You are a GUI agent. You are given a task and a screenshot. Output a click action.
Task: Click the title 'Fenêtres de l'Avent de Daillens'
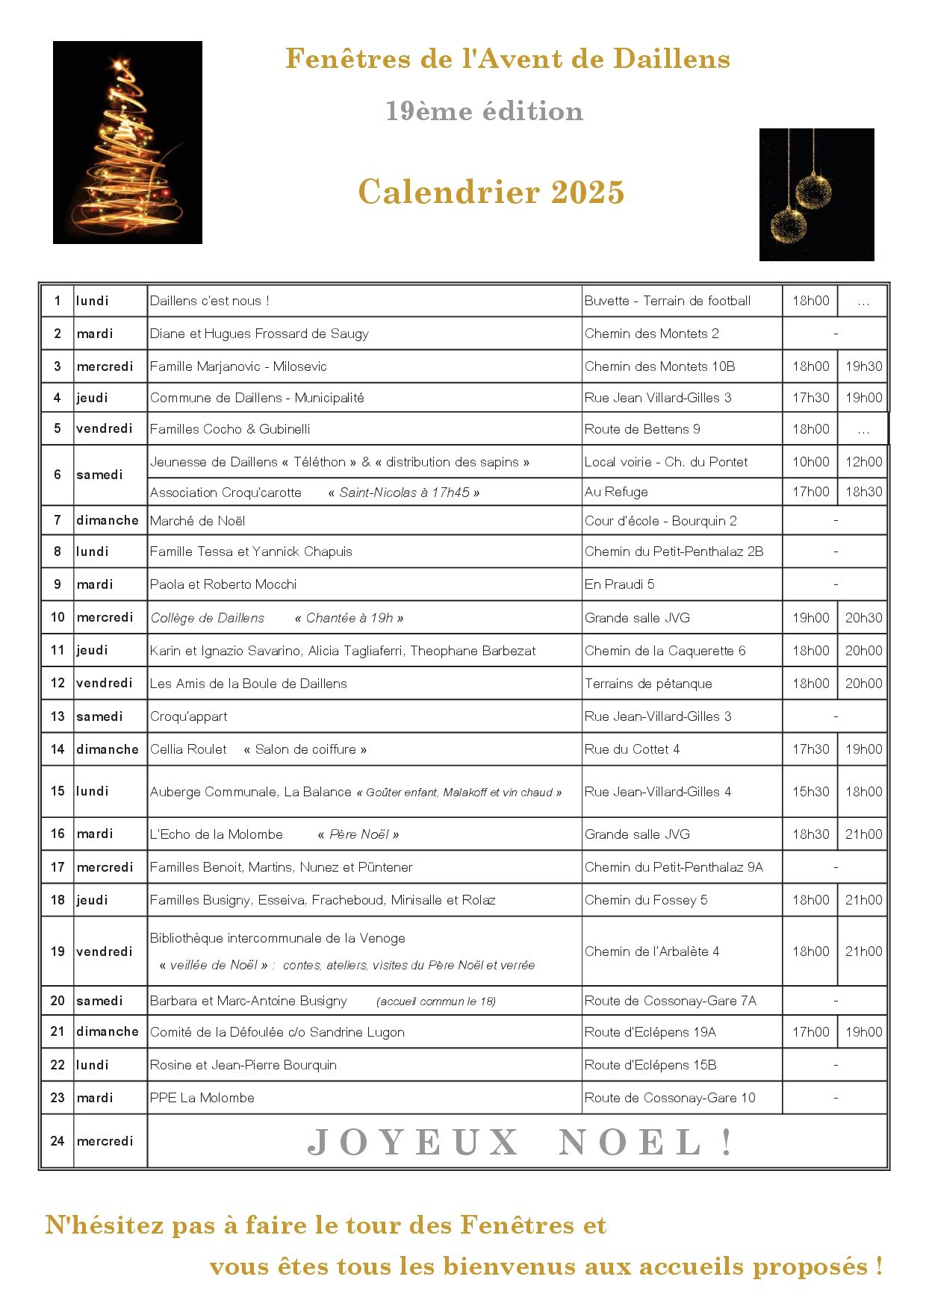[507, 59]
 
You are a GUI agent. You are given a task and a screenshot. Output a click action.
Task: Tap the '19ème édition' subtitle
[484, 111]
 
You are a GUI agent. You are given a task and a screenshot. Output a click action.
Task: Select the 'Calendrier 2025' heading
[491, 192]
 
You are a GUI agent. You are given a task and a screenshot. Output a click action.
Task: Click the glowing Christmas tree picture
[128, 143]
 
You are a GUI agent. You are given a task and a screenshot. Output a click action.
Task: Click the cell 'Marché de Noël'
[197, 521]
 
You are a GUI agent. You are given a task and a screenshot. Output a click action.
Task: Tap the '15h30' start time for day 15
[810, 792]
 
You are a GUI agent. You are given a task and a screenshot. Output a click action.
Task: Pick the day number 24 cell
[58, 1141]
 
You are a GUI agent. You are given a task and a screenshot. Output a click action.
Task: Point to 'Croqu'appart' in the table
[188, 716]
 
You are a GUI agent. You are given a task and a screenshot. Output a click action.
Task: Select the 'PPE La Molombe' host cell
[202, 1098]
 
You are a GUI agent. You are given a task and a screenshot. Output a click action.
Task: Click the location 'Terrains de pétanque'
[648, 684]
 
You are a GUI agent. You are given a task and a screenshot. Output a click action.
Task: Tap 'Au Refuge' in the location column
[616, 492]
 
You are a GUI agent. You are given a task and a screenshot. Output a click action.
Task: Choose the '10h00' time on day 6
[810, 462]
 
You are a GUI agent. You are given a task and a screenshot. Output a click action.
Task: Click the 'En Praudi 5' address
[619, 584]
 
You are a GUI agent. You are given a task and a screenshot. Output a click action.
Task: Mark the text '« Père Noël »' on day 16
[358, 834]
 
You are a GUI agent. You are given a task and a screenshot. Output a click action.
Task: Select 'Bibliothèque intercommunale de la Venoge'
[277, 938]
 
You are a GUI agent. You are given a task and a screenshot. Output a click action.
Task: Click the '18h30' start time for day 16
[810, 834]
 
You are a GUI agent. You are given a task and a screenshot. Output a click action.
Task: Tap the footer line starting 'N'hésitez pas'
[326, 1225]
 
